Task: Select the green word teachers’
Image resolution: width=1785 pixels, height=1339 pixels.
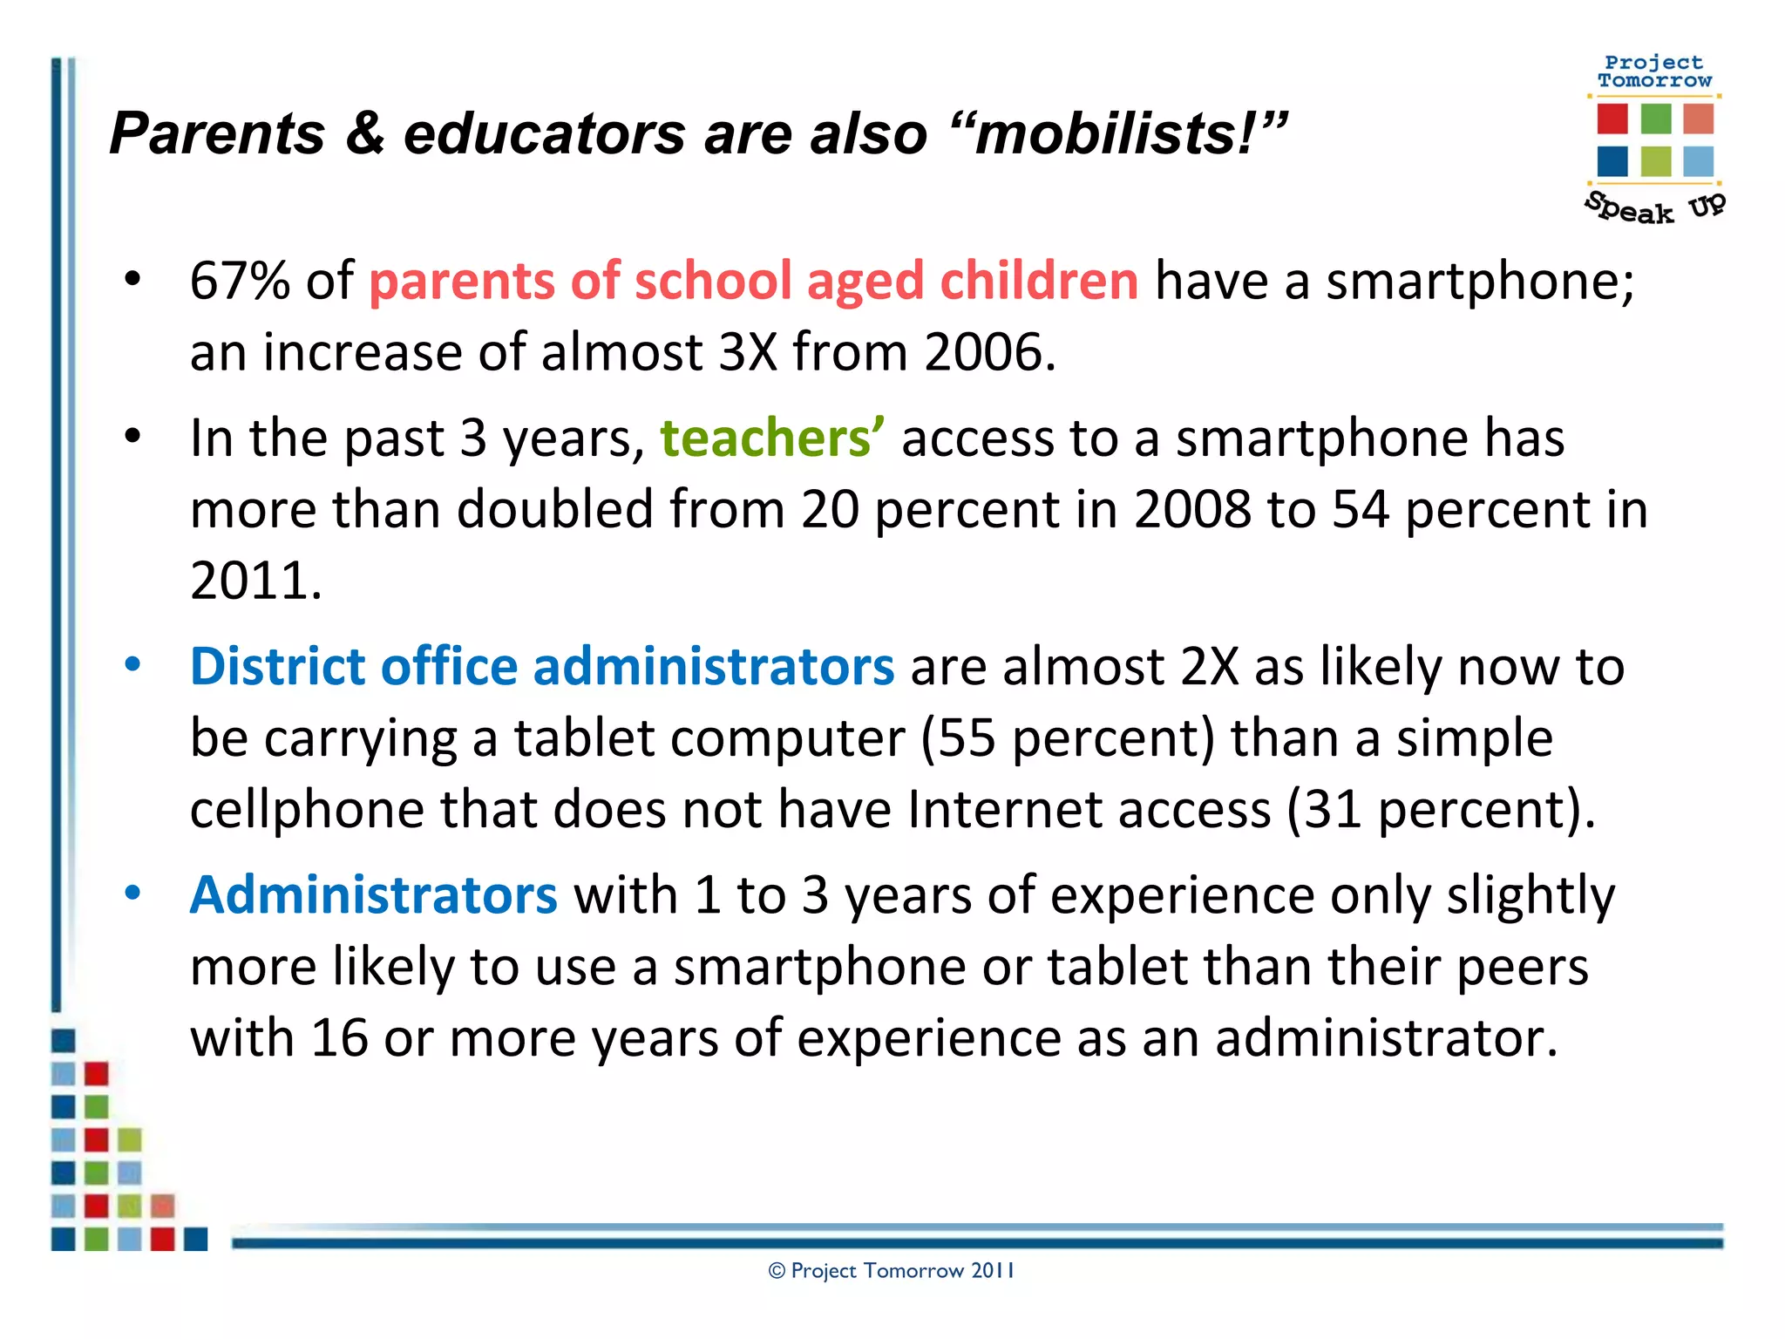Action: [772, 438]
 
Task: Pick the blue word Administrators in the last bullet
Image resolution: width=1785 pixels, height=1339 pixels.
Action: [373, 895]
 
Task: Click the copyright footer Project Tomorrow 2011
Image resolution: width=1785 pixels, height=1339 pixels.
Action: [891, 1271]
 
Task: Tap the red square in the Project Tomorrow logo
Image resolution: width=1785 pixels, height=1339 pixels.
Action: [1612, 119]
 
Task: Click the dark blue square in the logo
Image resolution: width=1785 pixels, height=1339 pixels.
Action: [1612, 161]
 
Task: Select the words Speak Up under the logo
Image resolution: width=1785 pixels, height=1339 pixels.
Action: [1653, 207]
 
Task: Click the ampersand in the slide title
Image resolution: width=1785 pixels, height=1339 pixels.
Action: [364, 133]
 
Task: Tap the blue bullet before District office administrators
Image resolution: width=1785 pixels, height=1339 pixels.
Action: [132, 665]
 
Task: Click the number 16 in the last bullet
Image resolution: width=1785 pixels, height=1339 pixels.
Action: [339, 1038]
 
